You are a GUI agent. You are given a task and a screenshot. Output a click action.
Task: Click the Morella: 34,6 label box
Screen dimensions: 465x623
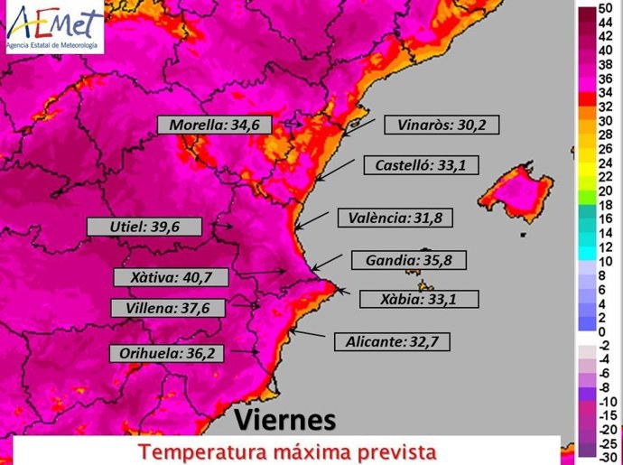(x=215, y=126)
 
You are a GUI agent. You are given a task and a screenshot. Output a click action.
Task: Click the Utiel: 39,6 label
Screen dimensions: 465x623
(x=144, y=227)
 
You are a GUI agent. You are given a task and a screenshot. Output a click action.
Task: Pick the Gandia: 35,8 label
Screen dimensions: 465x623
(x=408, y=261)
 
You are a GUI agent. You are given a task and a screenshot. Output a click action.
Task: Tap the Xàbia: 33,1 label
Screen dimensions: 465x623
(x=418, y=299)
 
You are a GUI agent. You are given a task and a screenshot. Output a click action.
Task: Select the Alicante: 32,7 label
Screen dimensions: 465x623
(x=391, y=341)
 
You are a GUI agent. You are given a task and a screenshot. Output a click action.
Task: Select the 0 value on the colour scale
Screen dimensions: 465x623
(x=602, y=332)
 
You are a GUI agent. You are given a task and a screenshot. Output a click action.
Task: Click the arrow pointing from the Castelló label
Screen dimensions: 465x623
(x=334, y=174)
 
